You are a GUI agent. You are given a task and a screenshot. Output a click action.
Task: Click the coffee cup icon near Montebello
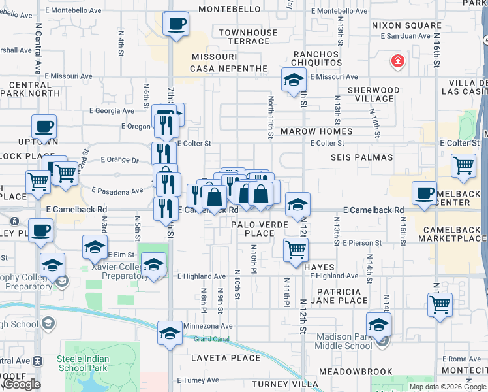click(176, 25)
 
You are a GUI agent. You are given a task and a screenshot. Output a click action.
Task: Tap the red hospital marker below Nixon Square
click(396, 62)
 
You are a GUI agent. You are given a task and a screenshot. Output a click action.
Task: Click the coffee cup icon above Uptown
click(44, 127)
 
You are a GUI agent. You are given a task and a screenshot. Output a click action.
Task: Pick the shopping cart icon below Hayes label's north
click(296, 249)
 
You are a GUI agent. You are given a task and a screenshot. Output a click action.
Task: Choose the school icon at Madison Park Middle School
click(378, 324)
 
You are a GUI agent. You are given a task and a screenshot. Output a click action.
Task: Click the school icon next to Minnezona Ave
click(170, 333)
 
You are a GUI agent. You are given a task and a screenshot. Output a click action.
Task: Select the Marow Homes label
click(316, 131)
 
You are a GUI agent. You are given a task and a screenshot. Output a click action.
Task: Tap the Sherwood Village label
click(373, 94)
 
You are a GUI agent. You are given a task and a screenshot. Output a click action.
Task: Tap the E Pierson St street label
click(362, 242)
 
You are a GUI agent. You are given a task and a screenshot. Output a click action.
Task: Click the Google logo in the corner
click(22, 384)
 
